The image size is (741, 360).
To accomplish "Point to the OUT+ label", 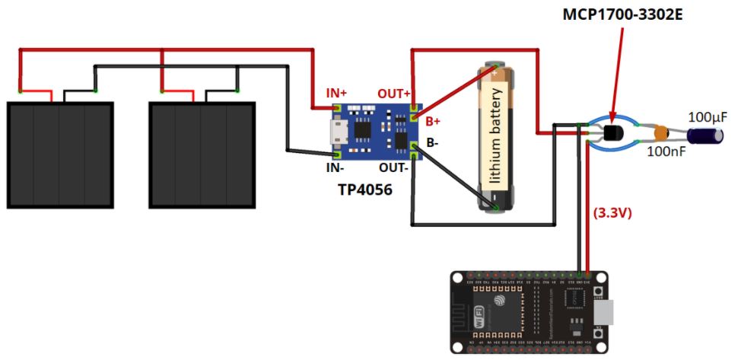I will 394,93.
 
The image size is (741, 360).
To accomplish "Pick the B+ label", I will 432,121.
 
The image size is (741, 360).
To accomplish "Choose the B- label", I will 432,142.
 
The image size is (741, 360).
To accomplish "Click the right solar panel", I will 202,155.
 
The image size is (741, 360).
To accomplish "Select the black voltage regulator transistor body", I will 613,135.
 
